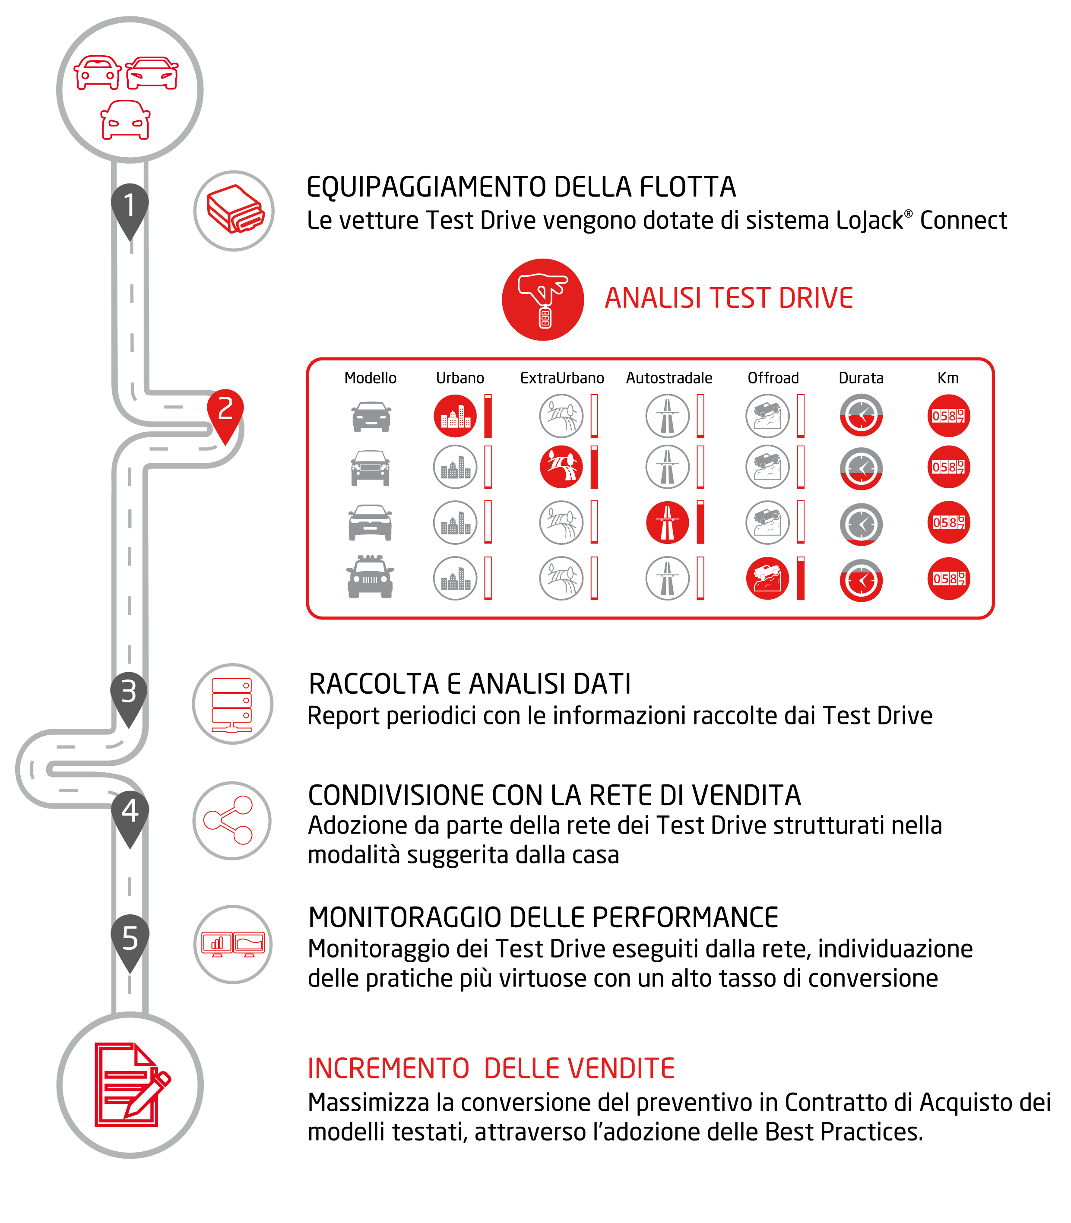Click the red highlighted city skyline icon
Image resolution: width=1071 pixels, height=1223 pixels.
pyautogui.click(x=456, y=416)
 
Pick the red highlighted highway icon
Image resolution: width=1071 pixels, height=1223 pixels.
pyautogui.click(x=668, y=522)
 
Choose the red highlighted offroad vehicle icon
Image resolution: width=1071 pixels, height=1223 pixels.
pyautogui.click(x=767, y=578)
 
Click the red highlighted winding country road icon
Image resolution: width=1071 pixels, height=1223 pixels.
pyautogui.click(x=561, y=467)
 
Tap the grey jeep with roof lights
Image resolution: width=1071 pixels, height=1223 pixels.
pyautogui.click(x=370, y=577)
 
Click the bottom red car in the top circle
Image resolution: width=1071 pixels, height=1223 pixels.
pyautogui.click(x=126, y=120)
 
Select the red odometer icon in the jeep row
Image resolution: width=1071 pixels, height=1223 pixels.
pyautogui.click(x=948, y=578)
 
